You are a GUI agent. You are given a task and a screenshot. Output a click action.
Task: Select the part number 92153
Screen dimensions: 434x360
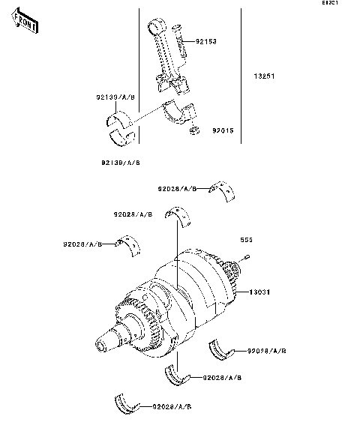coord(206,41)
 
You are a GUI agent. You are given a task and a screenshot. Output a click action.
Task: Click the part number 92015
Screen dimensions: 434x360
coord(223,130)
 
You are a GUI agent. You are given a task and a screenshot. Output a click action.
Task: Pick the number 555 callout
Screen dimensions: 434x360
coord(245,241)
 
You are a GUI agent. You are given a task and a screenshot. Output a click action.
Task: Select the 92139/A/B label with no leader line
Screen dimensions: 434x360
coord(121,162)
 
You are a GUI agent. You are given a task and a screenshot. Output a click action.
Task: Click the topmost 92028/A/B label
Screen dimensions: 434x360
coord(177,189)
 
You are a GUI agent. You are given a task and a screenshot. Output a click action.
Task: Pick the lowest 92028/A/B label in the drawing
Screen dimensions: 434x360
coord(172,406)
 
